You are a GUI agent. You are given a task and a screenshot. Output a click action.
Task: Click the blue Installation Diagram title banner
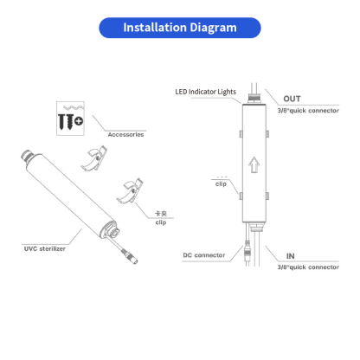[180, 28]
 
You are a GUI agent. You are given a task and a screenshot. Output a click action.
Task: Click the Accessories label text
[125, 135]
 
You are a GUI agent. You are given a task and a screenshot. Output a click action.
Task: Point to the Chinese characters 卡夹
[160, 214]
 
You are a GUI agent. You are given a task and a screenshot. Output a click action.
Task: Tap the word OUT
[292, 99]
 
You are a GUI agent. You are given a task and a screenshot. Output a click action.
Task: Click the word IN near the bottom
[289, 255]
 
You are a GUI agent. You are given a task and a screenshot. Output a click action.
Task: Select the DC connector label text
[204, 255]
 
